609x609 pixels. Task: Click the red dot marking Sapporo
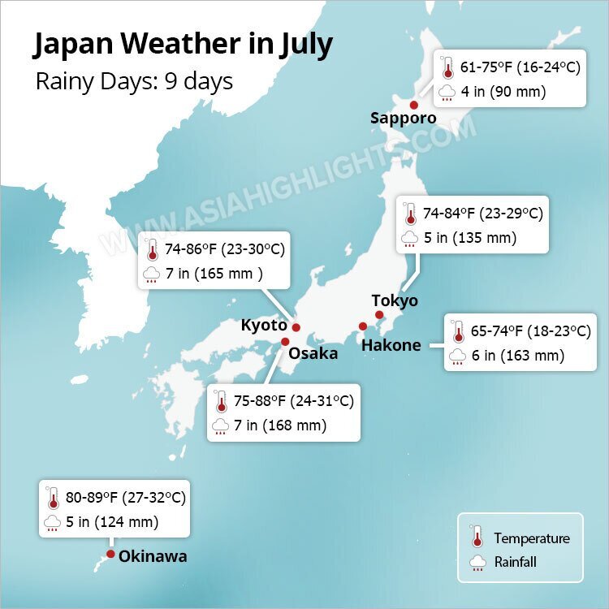click(x=413, y=105)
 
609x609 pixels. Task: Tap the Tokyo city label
click(x=395, y=300)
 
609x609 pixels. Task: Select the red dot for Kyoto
click(x=296, y=327)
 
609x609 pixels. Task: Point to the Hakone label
click(x=391, y=345)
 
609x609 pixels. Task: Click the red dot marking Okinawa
click(x=110, y=555)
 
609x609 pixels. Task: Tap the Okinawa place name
click(x=153, y=556)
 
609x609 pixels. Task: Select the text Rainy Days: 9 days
click(x=134, y=82)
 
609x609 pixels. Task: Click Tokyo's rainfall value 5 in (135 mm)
click(x=470, y=239)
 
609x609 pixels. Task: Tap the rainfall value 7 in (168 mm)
click(x=279, y=425)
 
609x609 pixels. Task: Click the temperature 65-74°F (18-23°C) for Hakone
click(x=530, y=331)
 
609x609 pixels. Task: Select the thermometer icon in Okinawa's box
click(x=54, y=498)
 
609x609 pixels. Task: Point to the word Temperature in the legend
click(x=532, y=538)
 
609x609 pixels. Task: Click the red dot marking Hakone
click(x=363, y=326)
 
